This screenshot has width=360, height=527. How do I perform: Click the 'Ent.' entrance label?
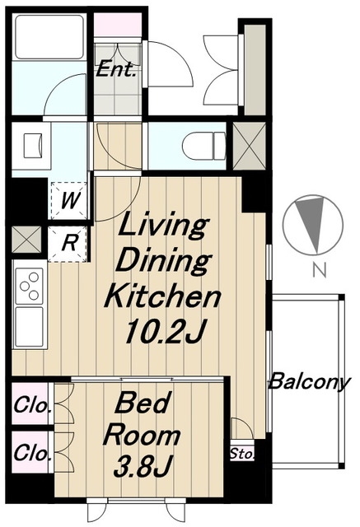point(117,70)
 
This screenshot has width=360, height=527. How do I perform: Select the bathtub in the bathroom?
point(49,37)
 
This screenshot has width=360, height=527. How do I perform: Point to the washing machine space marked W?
point(69,201)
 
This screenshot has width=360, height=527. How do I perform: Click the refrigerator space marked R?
point(69,244)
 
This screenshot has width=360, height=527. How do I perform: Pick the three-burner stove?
point(29,286)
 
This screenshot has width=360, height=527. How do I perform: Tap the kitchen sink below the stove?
point(29,327)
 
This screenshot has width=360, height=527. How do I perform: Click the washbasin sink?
point(32,146)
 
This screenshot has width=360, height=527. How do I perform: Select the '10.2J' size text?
point(164,330)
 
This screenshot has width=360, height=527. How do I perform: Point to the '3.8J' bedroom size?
point(143,466)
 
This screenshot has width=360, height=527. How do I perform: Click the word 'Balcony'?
point(309,382)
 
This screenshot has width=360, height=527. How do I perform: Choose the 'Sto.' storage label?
point(241,455)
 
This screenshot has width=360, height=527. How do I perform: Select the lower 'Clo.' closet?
point(30,452)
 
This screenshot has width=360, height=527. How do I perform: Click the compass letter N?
point(320,270)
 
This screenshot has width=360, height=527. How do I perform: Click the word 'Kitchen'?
point(162,296)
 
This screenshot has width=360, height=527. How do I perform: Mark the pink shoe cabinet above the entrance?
point(117,25)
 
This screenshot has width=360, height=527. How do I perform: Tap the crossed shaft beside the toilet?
point(249,146)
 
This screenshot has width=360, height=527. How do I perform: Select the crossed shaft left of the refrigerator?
point(26,240)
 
